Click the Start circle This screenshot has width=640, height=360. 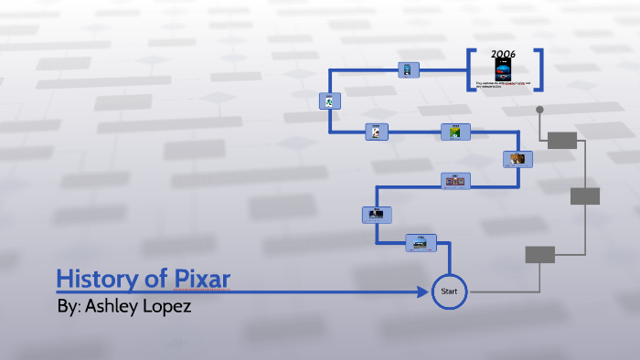click(x=449, y=291)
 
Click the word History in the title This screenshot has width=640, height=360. click(x=93, y=279)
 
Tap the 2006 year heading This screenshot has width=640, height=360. click(x=504, y=54)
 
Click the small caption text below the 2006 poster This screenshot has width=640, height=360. click(x=503, y=85)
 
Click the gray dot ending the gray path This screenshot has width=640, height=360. click(x=539, y=110)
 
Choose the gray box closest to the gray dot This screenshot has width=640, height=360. click(x=562, y=140)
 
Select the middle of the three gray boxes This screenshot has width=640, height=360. click(x=584, y=196)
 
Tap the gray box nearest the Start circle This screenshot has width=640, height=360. click(x=539, y=254)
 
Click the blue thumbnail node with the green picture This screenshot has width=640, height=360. click(x=455, y=132)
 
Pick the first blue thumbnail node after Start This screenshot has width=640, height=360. click(x=421, y=242)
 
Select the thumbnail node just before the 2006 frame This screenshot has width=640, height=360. click(x=409, y=69)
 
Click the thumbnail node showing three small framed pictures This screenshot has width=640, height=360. click(x=454, y=181)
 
